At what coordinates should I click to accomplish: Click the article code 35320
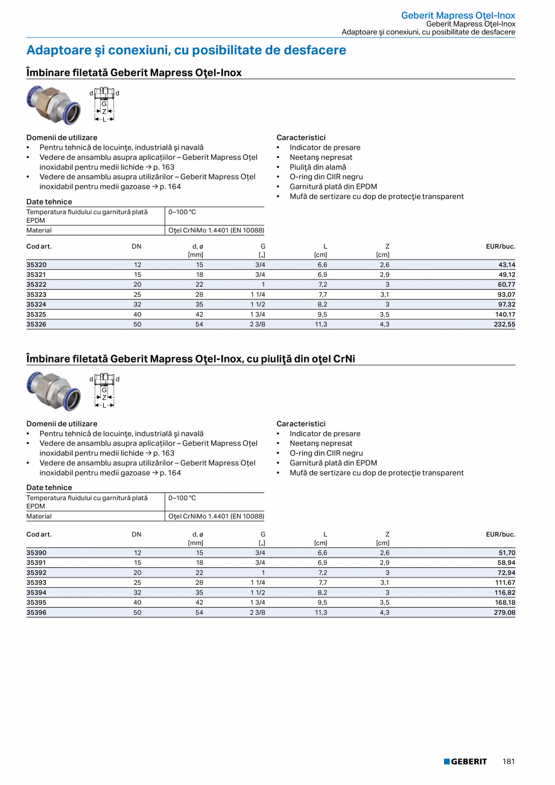click(x=37, y=265)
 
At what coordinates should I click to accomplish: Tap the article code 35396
click(x=37, y=612)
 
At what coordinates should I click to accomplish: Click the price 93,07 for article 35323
click(x=506, y=294)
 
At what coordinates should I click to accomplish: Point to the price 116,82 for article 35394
click(x=504, y=593)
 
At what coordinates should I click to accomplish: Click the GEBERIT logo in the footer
click(x=465, y=761)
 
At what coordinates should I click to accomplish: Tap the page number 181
click(x=509, y=761)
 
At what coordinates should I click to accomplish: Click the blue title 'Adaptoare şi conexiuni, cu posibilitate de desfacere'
click(x=186, y=50)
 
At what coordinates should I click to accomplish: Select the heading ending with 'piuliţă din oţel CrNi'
click(x=191, y=359)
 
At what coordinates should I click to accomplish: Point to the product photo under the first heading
click(x=52, y=104)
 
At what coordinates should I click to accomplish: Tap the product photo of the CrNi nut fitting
click(x=52, y=391)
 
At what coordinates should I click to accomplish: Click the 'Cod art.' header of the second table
click(x=39, y=534)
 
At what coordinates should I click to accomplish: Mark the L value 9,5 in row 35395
click(x=322, y=602)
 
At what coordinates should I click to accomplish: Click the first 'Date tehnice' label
click(x=49, y=202)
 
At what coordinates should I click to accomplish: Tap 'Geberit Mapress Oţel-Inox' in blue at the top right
click(x=458, y=16)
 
